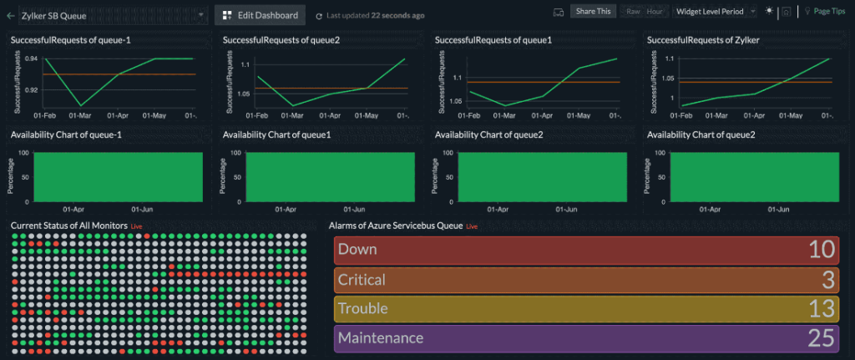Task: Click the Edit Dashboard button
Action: coord(260,15)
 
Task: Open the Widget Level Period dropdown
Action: coord(715,12)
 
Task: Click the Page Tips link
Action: coord(827,12)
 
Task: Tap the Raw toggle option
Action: coord(634,12)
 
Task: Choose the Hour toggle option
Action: coord(655,12)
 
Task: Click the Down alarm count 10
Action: coord(822,250)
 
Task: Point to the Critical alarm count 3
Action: coord(828,280)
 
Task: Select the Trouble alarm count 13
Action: coord(822,309)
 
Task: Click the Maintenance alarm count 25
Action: coord(822,338)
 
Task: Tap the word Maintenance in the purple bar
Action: coord(380,338)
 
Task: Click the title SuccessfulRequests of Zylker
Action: coord(703,40)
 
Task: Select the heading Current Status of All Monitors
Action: coord(68,226)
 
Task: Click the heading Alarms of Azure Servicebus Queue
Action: coord(396,226)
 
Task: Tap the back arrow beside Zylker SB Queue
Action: coord(11,15)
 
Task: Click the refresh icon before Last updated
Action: coord(319,16)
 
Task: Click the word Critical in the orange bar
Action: coord(362,280)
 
